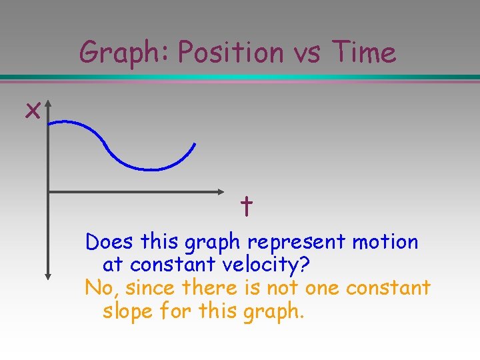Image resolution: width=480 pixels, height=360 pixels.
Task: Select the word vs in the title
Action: tap(308, 53)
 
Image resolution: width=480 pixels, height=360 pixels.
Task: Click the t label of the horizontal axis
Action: tap(246, 207)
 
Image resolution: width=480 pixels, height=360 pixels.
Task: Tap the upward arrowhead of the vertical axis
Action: tap(49, 105)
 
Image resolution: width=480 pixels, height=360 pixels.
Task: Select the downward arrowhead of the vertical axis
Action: tap(49, 275)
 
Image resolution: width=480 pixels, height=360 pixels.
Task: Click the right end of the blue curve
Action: tap(195, 143)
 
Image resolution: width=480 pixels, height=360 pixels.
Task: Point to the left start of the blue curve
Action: tap(51, 123)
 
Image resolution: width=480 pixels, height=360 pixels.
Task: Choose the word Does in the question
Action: tap(109, 242)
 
